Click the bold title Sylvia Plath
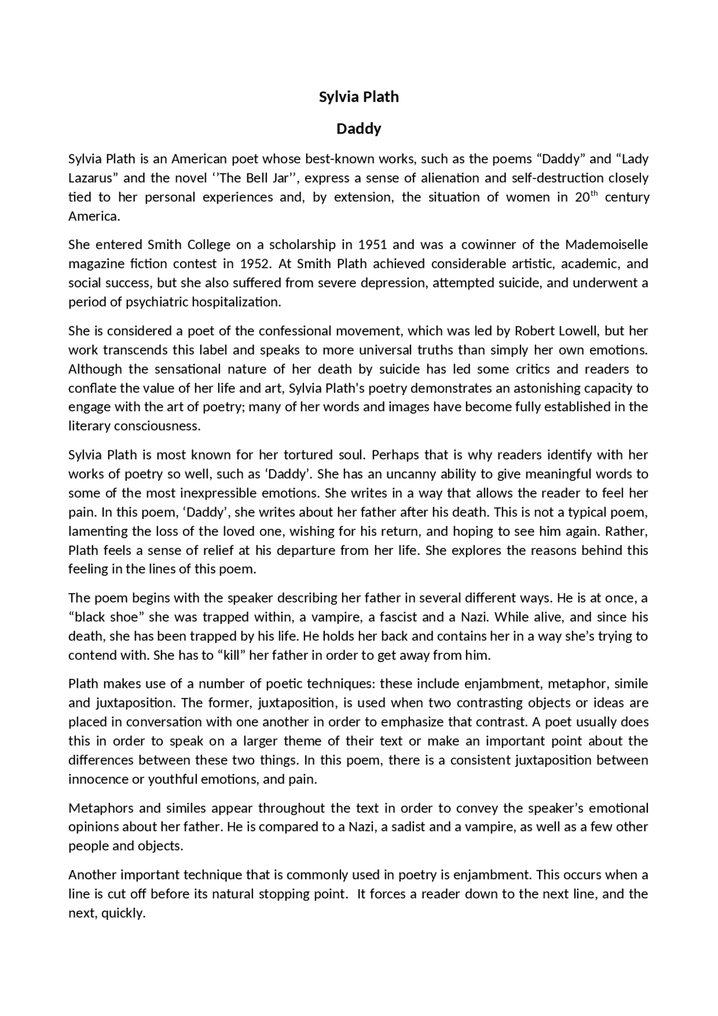(358, 97)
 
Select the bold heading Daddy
(358, 129)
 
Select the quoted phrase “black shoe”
(107, 617)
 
